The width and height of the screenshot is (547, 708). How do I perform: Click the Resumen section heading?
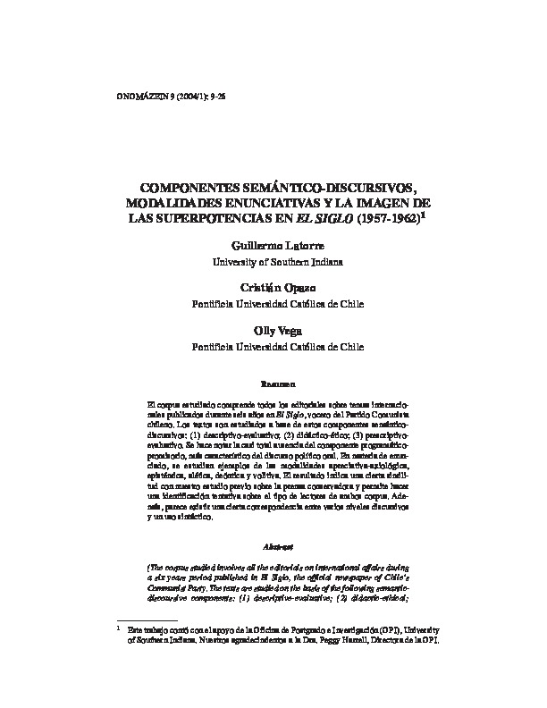(273, 383)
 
